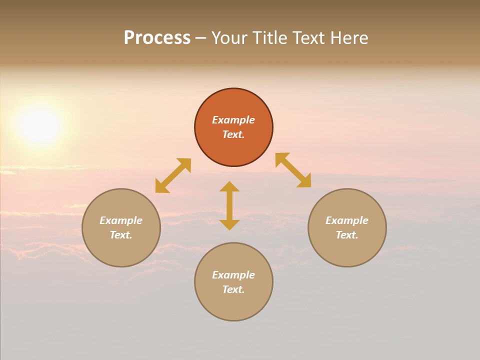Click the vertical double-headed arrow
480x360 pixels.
tap(229, 206)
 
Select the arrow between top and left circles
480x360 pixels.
tap(173, 175)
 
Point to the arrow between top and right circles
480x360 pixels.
tap(293, 170)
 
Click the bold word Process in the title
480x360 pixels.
tap(157, 38)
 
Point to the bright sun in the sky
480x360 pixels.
tap(39, 125)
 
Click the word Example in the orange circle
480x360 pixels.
tap(233, 120)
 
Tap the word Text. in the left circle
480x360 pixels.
tap(121, 235)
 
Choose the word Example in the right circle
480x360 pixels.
tap(347, 220)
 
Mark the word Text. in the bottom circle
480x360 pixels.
tap(233, 289)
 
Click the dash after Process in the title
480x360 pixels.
tap(200, 38)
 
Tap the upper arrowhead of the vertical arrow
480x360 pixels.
tap(229, 186)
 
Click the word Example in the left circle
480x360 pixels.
tap(121, 220)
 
